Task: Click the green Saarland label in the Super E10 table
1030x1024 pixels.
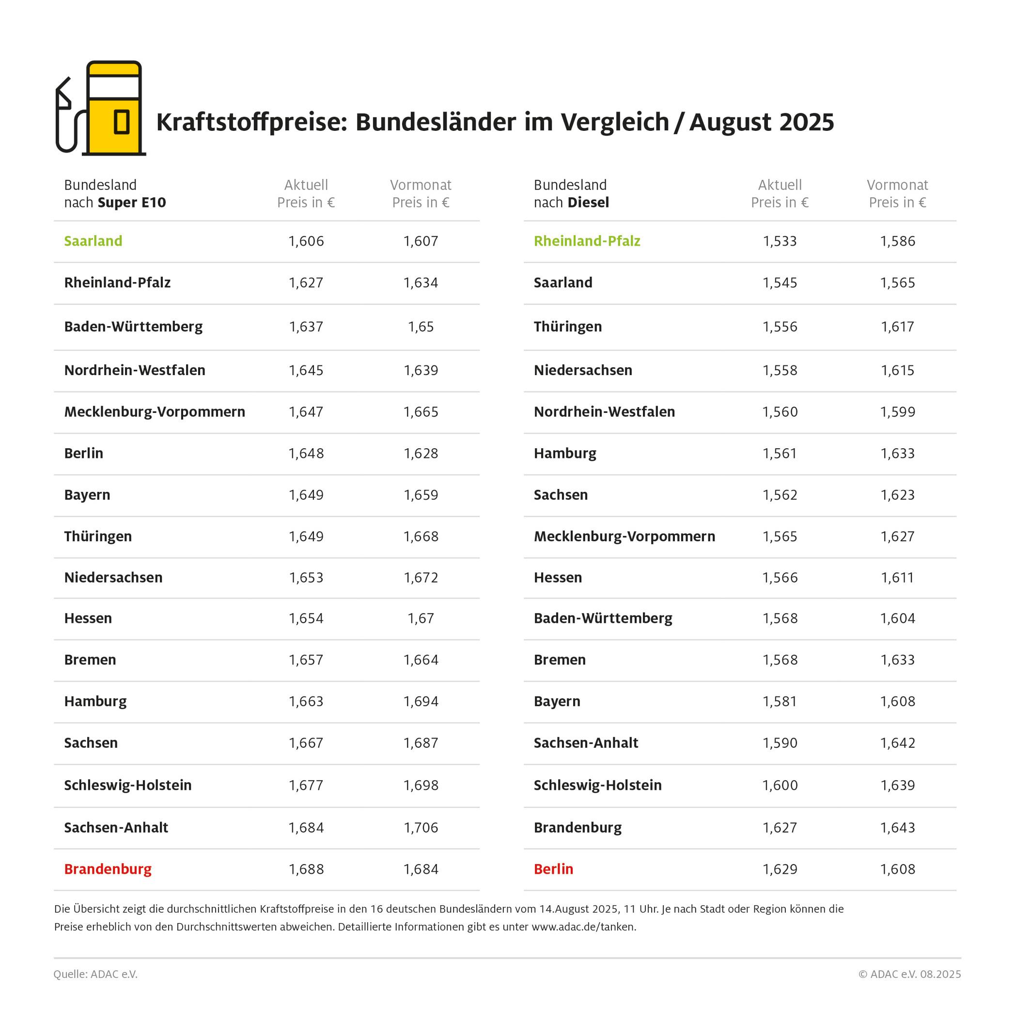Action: pyautogui.click(x=94, y=241)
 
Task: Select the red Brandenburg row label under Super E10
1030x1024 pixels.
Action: pyautogui.click(x=108, y=869)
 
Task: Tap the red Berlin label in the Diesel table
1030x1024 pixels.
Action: pyautogui.click(x=553, y=869)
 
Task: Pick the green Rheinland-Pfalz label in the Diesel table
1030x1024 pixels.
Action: pyautogui.click(x=587, y=241)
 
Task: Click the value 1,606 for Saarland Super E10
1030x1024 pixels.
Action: pyautogui.click(x=306, y=241)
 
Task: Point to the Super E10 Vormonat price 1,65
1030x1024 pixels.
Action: pyautogui.click(x=421, y=327)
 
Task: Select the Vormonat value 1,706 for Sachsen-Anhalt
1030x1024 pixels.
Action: pyautogui.click(x=421, y=827)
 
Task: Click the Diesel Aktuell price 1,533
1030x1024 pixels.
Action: pyautogui.click(x=780, y=241)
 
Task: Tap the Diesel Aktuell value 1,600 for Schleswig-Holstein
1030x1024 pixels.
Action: pyautogui.click(x=780, y=785)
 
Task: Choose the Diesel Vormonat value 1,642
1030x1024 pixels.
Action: pyautogui.click(x=897, y=742)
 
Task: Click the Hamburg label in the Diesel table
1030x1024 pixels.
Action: pyautogui.click(x=565, y=453)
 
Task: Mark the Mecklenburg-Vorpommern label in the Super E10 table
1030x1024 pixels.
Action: pyautogui.click(x=155, y=412)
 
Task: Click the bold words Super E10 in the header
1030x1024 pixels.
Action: pyautogui.click(x=132, y=203)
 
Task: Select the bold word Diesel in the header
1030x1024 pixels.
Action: pyautogui.click(x=588, y=203)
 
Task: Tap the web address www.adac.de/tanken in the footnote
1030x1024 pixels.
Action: pyautogui.click(x=583, y=927)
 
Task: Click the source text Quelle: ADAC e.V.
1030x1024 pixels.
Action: pyautogui.click(x=95, y=974)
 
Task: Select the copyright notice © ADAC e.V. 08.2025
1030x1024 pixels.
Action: pyautogui.click(x=909, y=974)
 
